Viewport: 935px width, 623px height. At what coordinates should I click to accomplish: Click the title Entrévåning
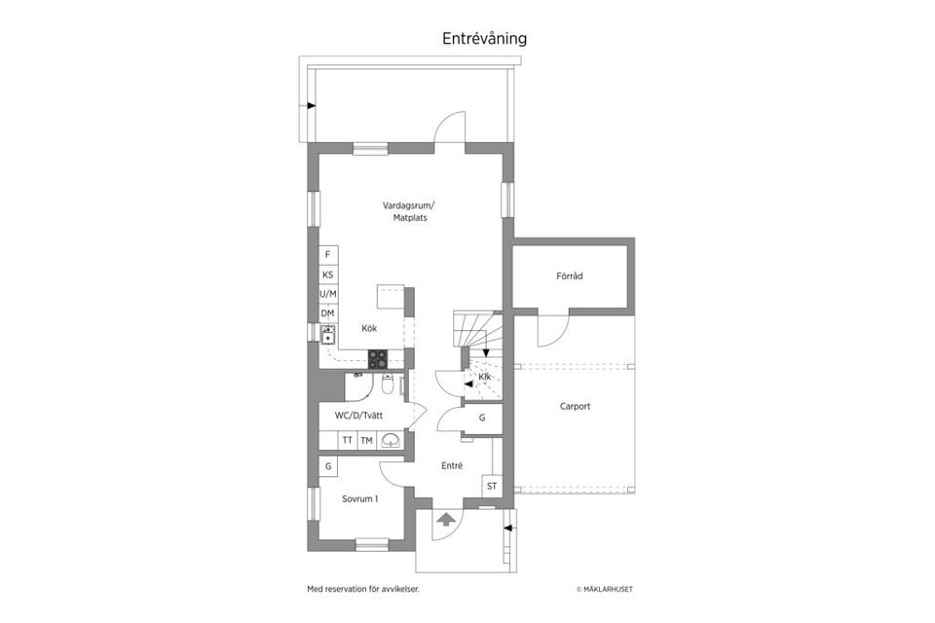[484, 39]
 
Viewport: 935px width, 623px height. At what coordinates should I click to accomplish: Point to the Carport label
[575, 406]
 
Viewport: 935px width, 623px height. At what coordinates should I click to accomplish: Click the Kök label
[369, 328]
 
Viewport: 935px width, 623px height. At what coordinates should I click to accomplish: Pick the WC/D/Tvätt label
[358, 416]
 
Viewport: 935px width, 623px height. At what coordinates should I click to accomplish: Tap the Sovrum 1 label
[359, 498]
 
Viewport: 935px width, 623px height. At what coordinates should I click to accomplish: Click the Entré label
[452, 466]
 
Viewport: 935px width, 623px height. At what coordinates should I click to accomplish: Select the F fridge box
[328, 254]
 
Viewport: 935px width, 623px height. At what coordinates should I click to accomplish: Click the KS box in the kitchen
[328, 275]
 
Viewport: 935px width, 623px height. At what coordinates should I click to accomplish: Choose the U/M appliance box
[328, 294]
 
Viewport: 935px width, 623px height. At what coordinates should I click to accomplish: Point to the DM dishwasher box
[328, 313]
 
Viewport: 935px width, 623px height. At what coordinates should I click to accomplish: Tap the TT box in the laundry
[347, 441]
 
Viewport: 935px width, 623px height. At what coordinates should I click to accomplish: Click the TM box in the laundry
[367, 441]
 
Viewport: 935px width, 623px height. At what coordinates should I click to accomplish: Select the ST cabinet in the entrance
[492, 486]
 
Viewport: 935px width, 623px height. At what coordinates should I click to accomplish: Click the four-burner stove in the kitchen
[378, 357]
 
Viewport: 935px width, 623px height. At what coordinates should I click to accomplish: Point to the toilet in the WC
[388, 385]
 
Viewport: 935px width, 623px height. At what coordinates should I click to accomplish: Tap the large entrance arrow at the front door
[444, 518]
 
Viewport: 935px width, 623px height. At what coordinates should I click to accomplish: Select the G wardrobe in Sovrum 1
[328, 466]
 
